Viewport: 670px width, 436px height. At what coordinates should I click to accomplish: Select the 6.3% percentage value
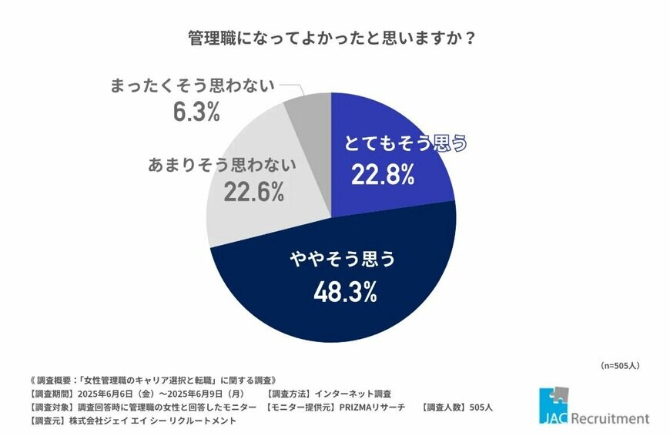pyautogui.click(x=196, y=112)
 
